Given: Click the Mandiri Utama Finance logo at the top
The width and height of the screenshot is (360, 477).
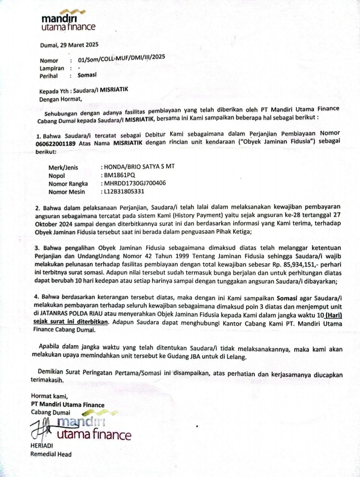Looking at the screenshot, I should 68,22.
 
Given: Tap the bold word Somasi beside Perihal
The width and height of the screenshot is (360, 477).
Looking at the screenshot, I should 87,75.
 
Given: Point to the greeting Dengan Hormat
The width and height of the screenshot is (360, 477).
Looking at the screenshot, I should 60,99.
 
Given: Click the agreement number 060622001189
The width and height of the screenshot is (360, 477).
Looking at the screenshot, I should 55,144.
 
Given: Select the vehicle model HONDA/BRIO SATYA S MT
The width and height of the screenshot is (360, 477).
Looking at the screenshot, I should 139,166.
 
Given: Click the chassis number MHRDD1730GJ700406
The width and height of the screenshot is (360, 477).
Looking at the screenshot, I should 135,183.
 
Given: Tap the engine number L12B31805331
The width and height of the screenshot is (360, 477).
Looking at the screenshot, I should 124,191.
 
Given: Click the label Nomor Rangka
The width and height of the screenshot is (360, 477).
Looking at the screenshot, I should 68,184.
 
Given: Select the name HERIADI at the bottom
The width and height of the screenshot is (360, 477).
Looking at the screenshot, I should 42,446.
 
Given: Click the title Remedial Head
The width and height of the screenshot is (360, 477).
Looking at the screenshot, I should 51,454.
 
